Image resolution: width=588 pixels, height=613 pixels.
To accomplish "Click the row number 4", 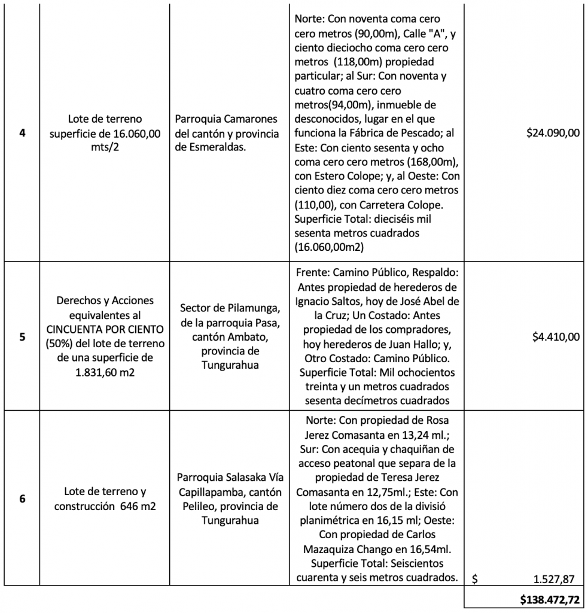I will pos(22,133).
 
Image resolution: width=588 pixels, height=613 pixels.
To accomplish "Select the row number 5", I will pos(22,336).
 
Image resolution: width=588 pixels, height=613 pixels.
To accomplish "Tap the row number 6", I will pos(22,497).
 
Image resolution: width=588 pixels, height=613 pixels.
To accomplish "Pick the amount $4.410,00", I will pos(556,337).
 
